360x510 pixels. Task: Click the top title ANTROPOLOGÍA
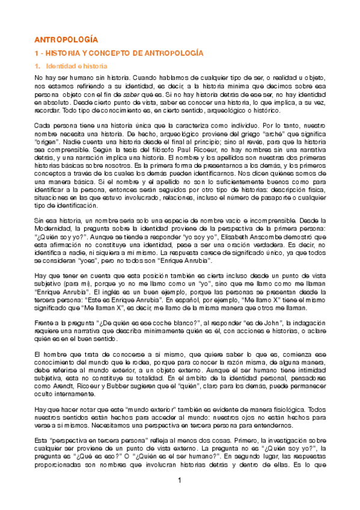click(66, 39)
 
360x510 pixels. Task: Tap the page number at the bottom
click(179, 479)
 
